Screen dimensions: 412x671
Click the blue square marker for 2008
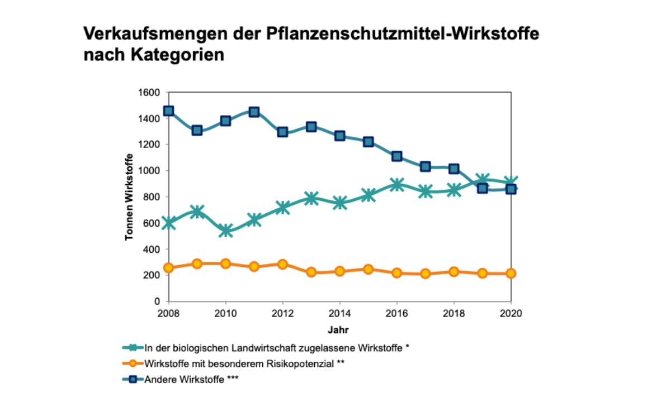pos(168,111)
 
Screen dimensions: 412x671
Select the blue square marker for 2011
pos(254,112)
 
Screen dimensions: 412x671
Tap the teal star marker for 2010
pos(225,230)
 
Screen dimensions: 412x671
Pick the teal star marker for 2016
pos(396,185)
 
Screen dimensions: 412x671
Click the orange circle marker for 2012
pos(282,264)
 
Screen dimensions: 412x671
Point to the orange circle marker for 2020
pos(511,273)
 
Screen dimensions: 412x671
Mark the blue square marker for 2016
pos(396,156)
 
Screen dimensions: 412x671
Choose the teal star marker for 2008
pos(168,223)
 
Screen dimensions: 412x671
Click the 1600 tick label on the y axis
pos(151,92)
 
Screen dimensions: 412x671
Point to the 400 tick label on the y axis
pos(153,249)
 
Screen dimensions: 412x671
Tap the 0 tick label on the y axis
pos(158,301)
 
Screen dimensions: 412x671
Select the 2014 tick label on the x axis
pos(339,313)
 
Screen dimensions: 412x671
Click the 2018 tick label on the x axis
pos(453,313)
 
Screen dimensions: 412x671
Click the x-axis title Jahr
pos(339,329)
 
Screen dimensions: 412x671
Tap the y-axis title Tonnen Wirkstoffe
pos(129,197)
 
